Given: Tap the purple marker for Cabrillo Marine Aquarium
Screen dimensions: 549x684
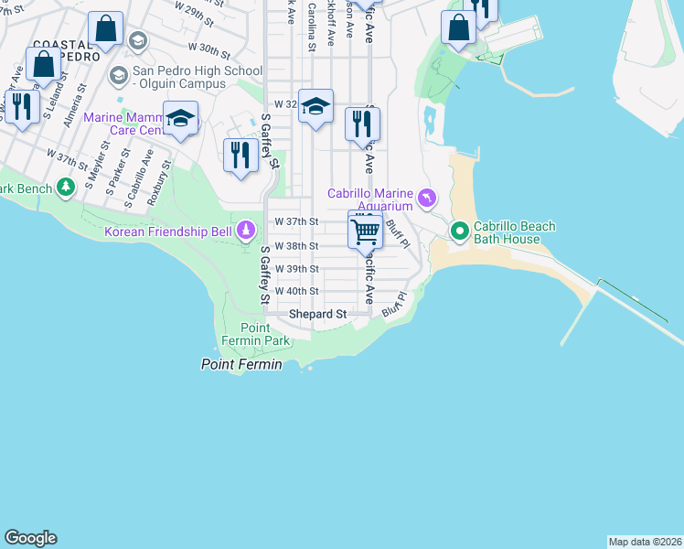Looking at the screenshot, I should (426, 199).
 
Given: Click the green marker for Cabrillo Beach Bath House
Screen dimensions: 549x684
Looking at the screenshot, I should (459, 231).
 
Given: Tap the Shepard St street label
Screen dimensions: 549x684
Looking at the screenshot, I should (317, 314).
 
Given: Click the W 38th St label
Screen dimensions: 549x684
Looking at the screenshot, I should (296, 246).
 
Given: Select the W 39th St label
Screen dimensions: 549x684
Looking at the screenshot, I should (296, 269).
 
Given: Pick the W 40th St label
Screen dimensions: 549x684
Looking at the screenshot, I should (296, 291).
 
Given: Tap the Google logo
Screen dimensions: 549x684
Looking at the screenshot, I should (30, 538).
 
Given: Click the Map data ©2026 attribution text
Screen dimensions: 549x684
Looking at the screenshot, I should (645, 541).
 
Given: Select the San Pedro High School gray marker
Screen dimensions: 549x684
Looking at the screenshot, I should (118, 74).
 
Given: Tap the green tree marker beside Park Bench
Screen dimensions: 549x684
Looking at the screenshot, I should (65, 188).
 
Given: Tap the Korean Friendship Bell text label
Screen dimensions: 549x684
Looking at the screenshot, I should (168, 232).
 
